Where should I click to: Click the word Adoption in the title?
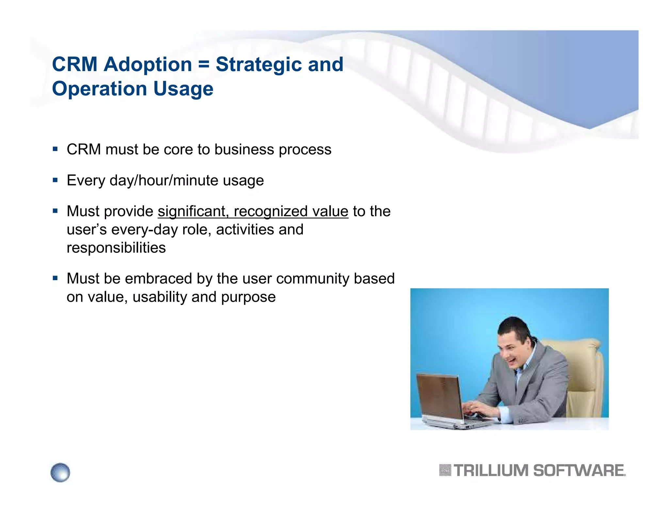pos(148,64)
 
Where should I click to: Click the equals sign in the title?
pos(204,64)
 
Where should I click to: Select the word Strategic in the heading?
pos(258,64)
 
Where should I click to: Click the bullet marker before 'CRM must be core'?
pos(55,149)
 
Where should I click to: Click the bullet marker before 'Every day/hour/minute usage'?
pos(55,180)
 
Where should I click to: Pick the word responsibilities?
pos(116,248)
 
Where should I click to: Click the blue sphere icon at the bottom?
pos(60,472)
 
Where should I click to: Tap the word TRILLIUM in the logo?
pos(491,471)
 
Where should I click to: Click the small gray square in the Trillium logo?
pos(445,470)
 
